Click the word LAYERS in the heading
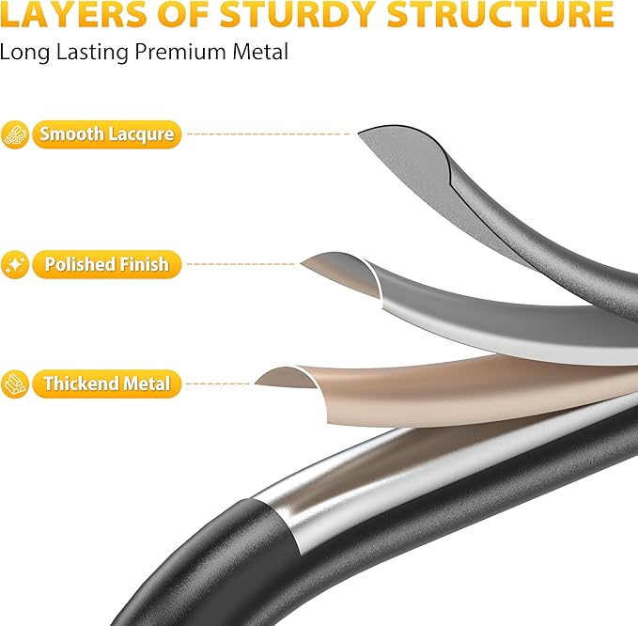point(74,14)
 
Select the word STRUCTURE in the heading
point(500,14)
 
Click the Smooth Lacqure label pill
point(106,134)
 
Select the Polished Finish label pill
point(106,264)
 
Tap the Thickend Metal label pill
point(106,383)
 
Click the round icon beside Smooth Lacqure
point(15,134)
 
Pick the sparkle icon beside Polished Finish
point(15,264)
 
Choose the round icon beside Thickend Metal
point(15,383)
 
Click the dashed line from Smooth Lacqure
point(268,133)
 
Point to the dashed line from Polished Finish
point(241,264)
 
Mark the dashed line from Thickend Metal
point(218,383)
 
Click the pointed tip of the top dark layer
point(359,133)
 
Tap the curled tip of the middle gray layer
point(302,263)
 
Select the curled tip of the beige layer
point(256,383)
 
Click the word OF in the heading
point(184,14)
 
